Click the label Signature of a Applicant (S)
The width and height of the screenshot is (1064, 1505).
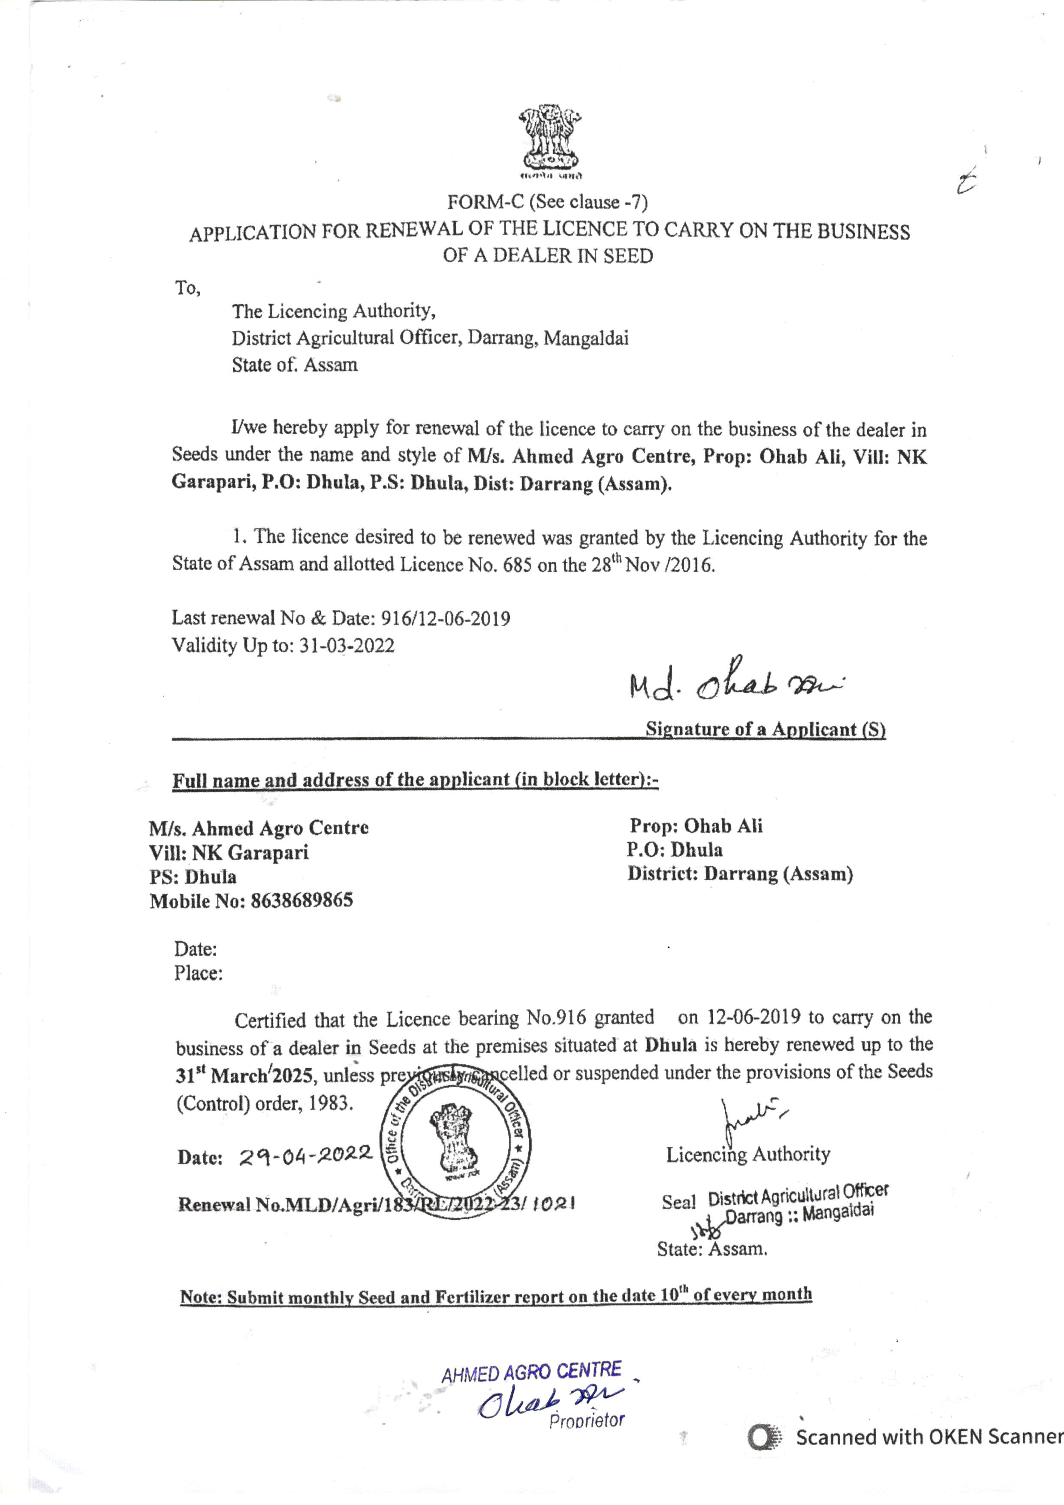click(765, 730)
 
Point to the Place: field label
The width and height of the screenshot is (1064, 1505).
click(198, 973)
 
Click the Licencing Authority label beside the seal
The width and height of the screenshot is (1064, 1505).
click(748, 1154)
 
